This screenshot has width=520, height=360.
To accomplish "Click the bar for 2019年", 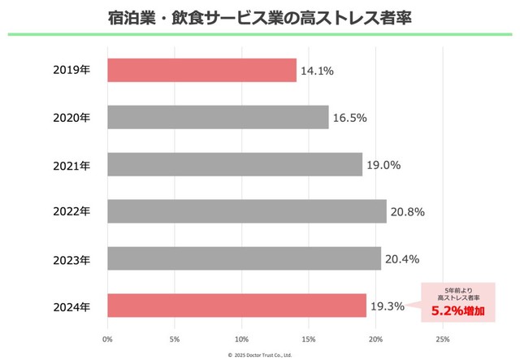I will pos(201,70).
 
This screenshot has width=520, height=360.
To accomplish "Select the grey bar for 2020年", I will pos(218,117).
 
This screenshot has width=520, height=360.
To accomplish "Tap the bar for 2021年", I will pos(235,164).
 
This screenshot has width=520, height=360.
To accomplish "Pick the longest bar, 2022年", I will pos(247,211).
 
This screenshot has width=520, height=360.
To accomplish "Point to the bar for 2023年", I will pos(244,258).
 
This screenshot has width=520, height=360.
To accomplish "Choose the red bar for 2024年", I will pos(236,306).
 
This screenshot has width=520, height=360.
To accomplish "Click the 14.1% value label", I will pos(317,71).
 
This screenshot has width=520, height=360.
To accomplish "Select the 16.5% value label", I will pos(350,118).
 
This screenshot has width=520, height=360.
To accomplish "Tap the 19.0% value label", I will pos(383,165).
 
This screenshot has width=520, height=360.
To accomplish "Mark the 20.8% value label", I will pos(407,212).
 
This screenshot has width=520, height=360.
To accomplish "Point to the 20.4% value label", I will pos(402,259).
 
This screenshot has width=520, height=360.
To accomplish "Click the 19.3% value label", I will pos(388,306).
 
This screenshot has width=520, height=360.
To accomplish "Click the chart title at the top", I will pos(259,17).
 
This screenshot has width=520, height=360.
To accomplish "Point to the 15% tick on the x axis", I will pos(309,337).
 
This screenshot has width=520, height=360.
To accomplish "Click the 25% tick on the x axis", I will pos(443,337).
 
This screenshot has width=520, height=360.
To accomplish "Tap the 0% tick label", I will pos(107,337).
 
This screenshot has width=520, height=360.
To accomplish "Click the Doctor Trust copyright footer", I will pos(259,354).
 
